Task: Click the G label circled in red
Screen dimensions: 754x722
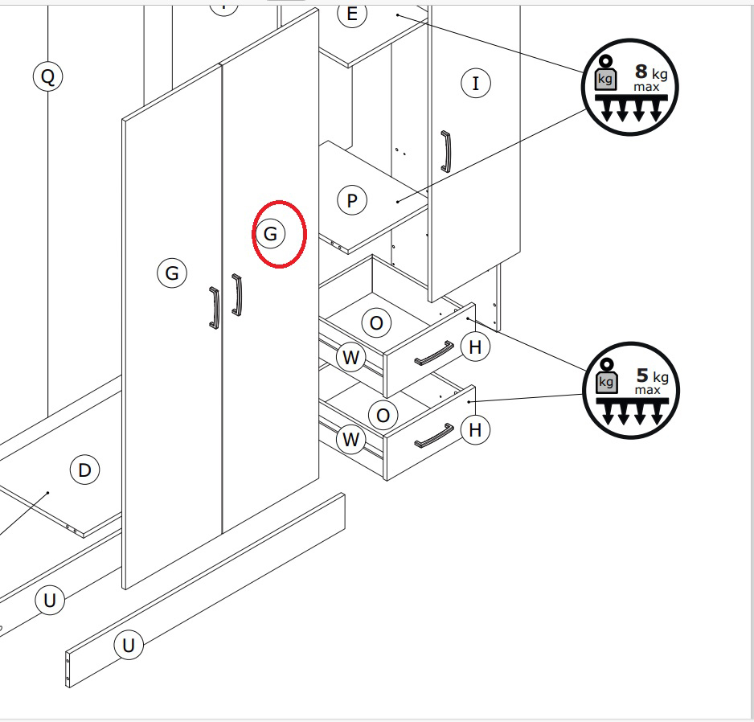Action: click(x=270, y=234)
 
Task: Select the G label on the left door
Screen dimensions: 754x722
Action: click(x=172, y=273)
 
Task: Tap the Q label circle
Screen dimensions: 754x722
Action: click(x=48, y=76)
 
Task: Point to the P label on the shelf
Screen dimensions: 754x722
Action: click(x=352, y=200)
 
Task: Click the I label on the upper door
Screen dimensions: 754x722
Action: click(x=476, y=84)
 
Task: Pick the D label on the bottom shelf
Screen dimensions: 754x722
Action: click(x=84, y=470)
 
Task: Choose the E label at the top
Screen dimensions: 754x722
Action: click(x=352, y=14)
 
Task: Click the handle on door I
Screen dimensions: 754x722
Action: click(x=446, y=151)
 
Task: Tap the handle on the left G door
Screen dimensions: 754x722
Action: click(x=215, y=308)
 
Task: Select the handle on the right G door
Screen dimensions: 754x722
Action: click(x=237, y=294)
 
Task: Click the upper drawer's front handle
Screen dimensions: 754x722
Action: click(x=434, y=354)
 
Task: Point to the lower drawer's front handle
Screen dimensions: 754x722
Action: click(x=434, y=435)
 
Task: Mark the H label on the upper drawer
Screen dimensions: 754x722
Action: click(x=475, y=347)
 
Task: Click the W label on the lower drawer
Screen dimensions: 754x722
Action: click(x=350, y=439)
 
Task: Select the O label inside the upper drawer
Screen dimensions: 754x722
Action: click(x=376, y=322)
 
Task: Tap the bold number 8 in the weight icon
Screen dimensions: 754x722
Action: click(x=641, y=72)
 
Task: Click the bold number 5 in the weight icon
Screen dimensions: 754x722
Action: click(x=642, y=375)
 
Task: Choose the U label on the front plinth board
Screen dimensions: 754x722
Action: click(x=129, y=645)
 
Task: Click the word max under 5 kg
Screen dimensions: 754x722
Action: click(x=647, y=390)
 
